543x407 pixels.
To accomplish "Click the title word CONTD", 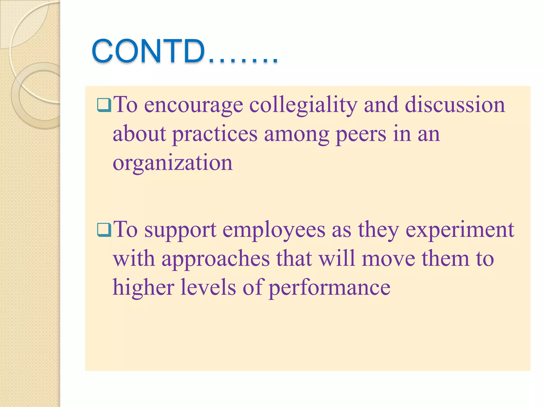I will (x=148, y=51).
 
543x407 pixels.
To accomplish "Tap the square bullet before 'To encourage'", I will (x=104, y=105).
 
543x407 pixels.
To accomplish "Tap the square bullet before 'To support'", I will (x=104, y=230).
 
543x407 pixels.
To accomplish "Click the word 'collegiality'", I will (x=303, y=105).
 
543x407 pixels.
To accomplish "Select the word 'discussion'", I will (x=455, y=105).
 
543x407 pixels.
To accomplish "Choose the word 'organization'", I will (x=173, y=163).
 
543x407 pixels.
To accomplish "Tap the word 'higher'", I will (x=143, y=288).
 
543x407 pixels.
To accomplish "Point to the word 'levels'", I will (x=208, y=287).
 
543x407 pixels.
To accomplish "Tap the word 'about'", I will (x=139, y=134).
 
